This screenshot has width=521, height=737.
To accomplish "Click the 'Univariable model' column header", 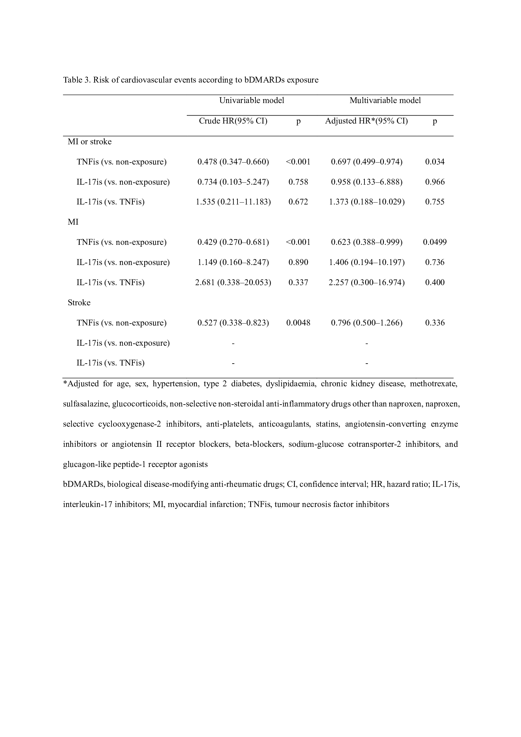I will pyautogui.click(x=251, y=101).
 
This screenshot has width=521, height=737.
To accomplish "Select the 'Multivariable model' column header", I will pyautogui.click(x=385, y=101).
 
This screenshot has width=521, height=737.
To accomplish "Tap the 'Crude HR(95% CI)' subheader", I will pyautogui.click(x=233, y=121).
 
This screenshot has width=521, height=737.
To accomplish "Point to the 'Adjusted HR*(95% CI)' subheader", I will pyautogui.click(x=366, y=121).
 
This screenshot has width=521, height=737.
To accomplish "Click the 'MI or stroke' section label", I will pyautogui.click(x=89, y=141).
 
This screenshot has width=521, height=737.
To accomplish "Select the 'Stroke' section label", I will pyautogui.click(x=79, y=303).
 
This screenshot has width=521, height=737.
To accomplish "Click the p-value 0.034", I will pyautogui.click(x=435, y=162).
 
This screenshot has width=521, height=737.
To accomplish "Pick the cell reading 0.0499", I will pyautogui.click(x=435, y=242).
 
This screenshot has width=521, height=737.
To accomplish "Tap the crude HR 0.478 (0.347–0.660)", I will pyautogui.click(x=233, y=162).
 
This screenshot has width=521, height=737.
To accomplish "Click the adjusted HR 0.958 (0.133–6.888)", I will pyautogui.click(x=366, y=182).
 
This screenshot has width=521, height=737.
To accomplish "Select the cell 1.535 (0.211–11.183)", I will pyautogui.click(x=233, y=202).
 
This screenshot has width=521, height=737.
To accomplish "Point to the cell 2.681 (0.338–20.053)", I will pyautogui.click(x=233, y=282).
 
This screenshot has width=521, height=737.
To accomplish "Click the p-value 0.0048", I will pyautogui.click(x=298, y=323).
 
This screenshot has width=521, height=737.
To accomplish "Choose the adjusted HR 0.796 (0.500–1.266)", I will pyautogui.click(x=366, y=323).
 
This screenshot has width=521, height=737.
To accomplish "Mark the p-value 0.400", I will pyautogui.click(x=435, y=282).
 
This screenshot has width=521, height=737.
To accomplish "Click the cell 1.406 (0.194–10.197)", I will pyautogui.click(x=366, y=262).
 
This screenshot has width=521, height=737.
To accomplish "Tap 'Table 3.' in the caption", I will pyautogui.click(x=77, y=80).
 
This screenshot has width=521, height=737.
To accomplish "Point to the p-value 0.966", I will pyautogui.click(x=435, y=182).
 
